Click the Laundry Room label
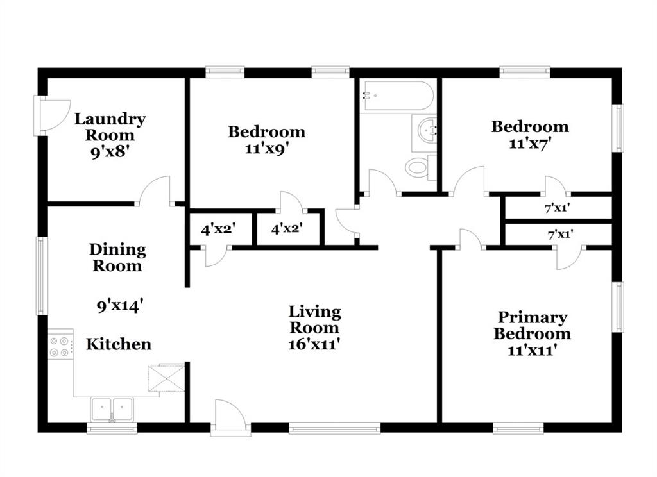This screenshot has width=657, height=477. (110, 127)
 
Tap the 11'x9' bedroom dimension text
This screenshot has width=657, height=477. (267, 149)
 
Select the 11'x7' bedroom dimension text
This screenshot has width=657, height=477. (530, 144)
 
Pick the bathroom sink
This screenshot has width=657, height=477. (424, 133)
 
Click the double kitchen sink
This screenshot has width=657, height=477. (112, 409)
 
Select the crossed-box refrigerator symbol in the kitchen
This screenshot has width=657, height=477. (166, 378)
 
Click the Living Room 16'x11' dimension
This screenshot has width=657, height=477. (314, 344)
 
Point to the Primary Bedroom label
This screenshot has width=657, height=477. (532, 326)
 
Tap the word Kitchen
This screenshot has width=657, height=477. (119, 344)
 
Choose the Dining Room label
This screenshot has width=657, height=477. (118, 258)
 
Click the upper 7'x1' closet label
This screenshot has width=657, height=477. (558, 207)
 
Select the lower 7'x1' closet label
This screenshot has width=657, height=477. (561, 234)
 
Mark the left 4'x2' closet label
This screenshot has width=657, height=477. (218, 229)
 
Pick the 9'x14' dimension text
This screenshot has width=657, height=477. (120, 306)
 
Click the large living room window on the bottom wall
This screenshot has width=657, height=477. (335, 428)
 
